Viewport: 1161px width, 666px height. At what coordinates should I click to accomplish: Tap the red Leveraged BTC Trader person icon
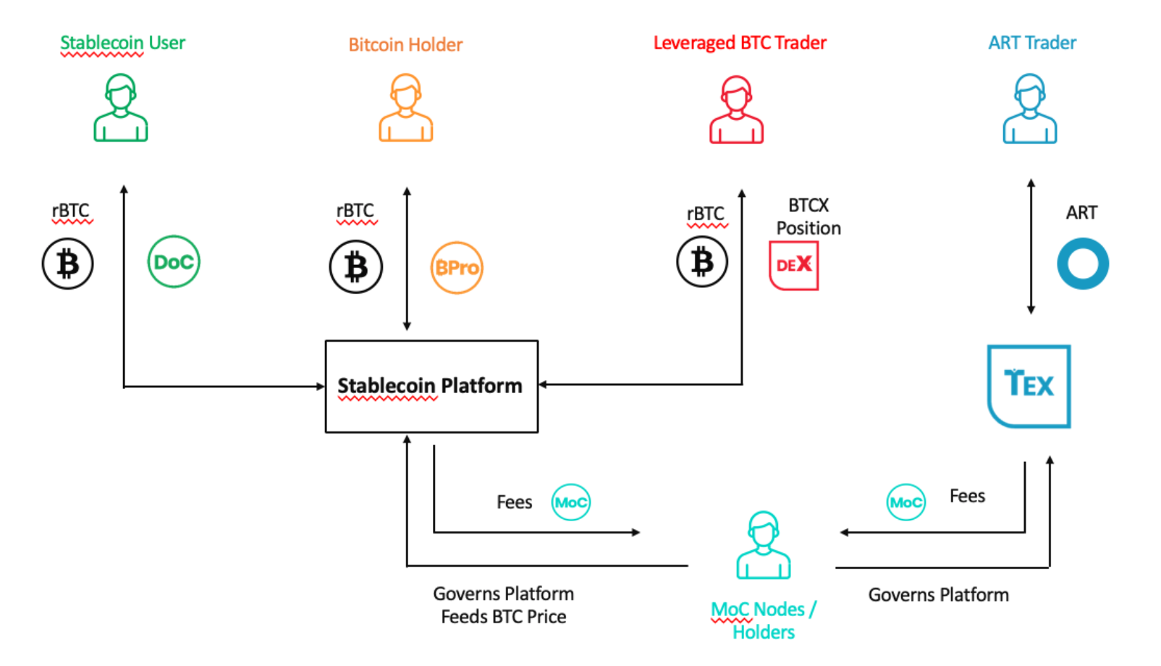737,109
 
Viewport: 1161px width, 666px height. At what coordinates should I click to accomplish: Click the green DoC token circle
174,261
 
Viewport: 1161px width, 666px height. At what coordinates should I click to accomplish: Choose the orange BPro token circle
457,268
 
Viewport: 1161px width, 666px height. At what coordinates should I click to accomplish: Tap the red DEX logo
794,265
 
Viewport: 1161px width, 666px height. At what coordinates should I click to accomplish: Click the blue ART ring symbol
1083,264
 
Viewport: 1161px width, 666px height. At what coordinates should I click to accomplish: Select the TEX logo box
1029,386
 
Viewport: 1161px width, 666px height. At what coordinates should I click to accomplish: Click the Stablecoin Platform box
431,387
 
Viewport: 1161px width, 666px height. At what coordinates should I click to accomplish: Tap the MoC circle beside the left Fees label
571,502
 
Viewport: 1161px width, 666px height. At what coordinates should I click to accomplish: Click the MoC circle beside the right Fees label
906,502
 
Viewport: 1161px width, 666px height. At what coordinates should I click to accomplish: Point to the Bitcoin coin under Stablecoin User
67,264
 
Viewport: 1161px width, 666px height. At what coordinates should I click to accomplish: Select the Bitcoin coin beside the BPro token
356,267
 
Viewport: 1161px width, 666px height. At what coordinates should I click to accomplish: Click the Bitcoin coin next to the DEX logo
702,261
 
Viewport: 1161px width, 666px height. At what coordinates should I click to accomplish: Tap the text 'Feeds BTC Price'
504,617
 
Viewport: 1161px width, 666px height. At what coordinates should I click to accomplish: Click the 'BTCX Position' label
809,216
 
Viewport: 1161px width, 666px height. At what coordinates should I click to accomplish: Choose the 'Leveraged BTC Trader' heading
740,43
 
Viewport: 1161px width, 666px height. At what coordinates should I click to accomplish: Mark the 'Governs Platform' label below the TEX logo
938,595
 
